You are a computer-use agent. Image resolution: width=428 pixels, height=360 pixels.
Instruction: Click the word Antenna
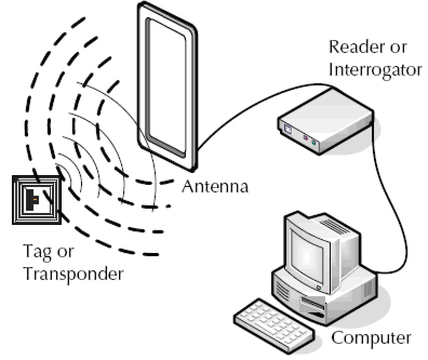(215, 187)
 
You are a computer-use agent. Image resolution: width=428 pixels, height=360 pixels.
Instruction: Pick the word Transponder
(73, 274)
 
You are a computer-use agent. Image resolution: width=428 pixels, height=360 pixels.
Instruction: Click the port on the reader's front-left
(287, 129)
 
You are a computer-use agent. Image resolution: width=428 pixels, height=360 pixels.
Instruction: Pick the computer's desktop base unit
(324, 297)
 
